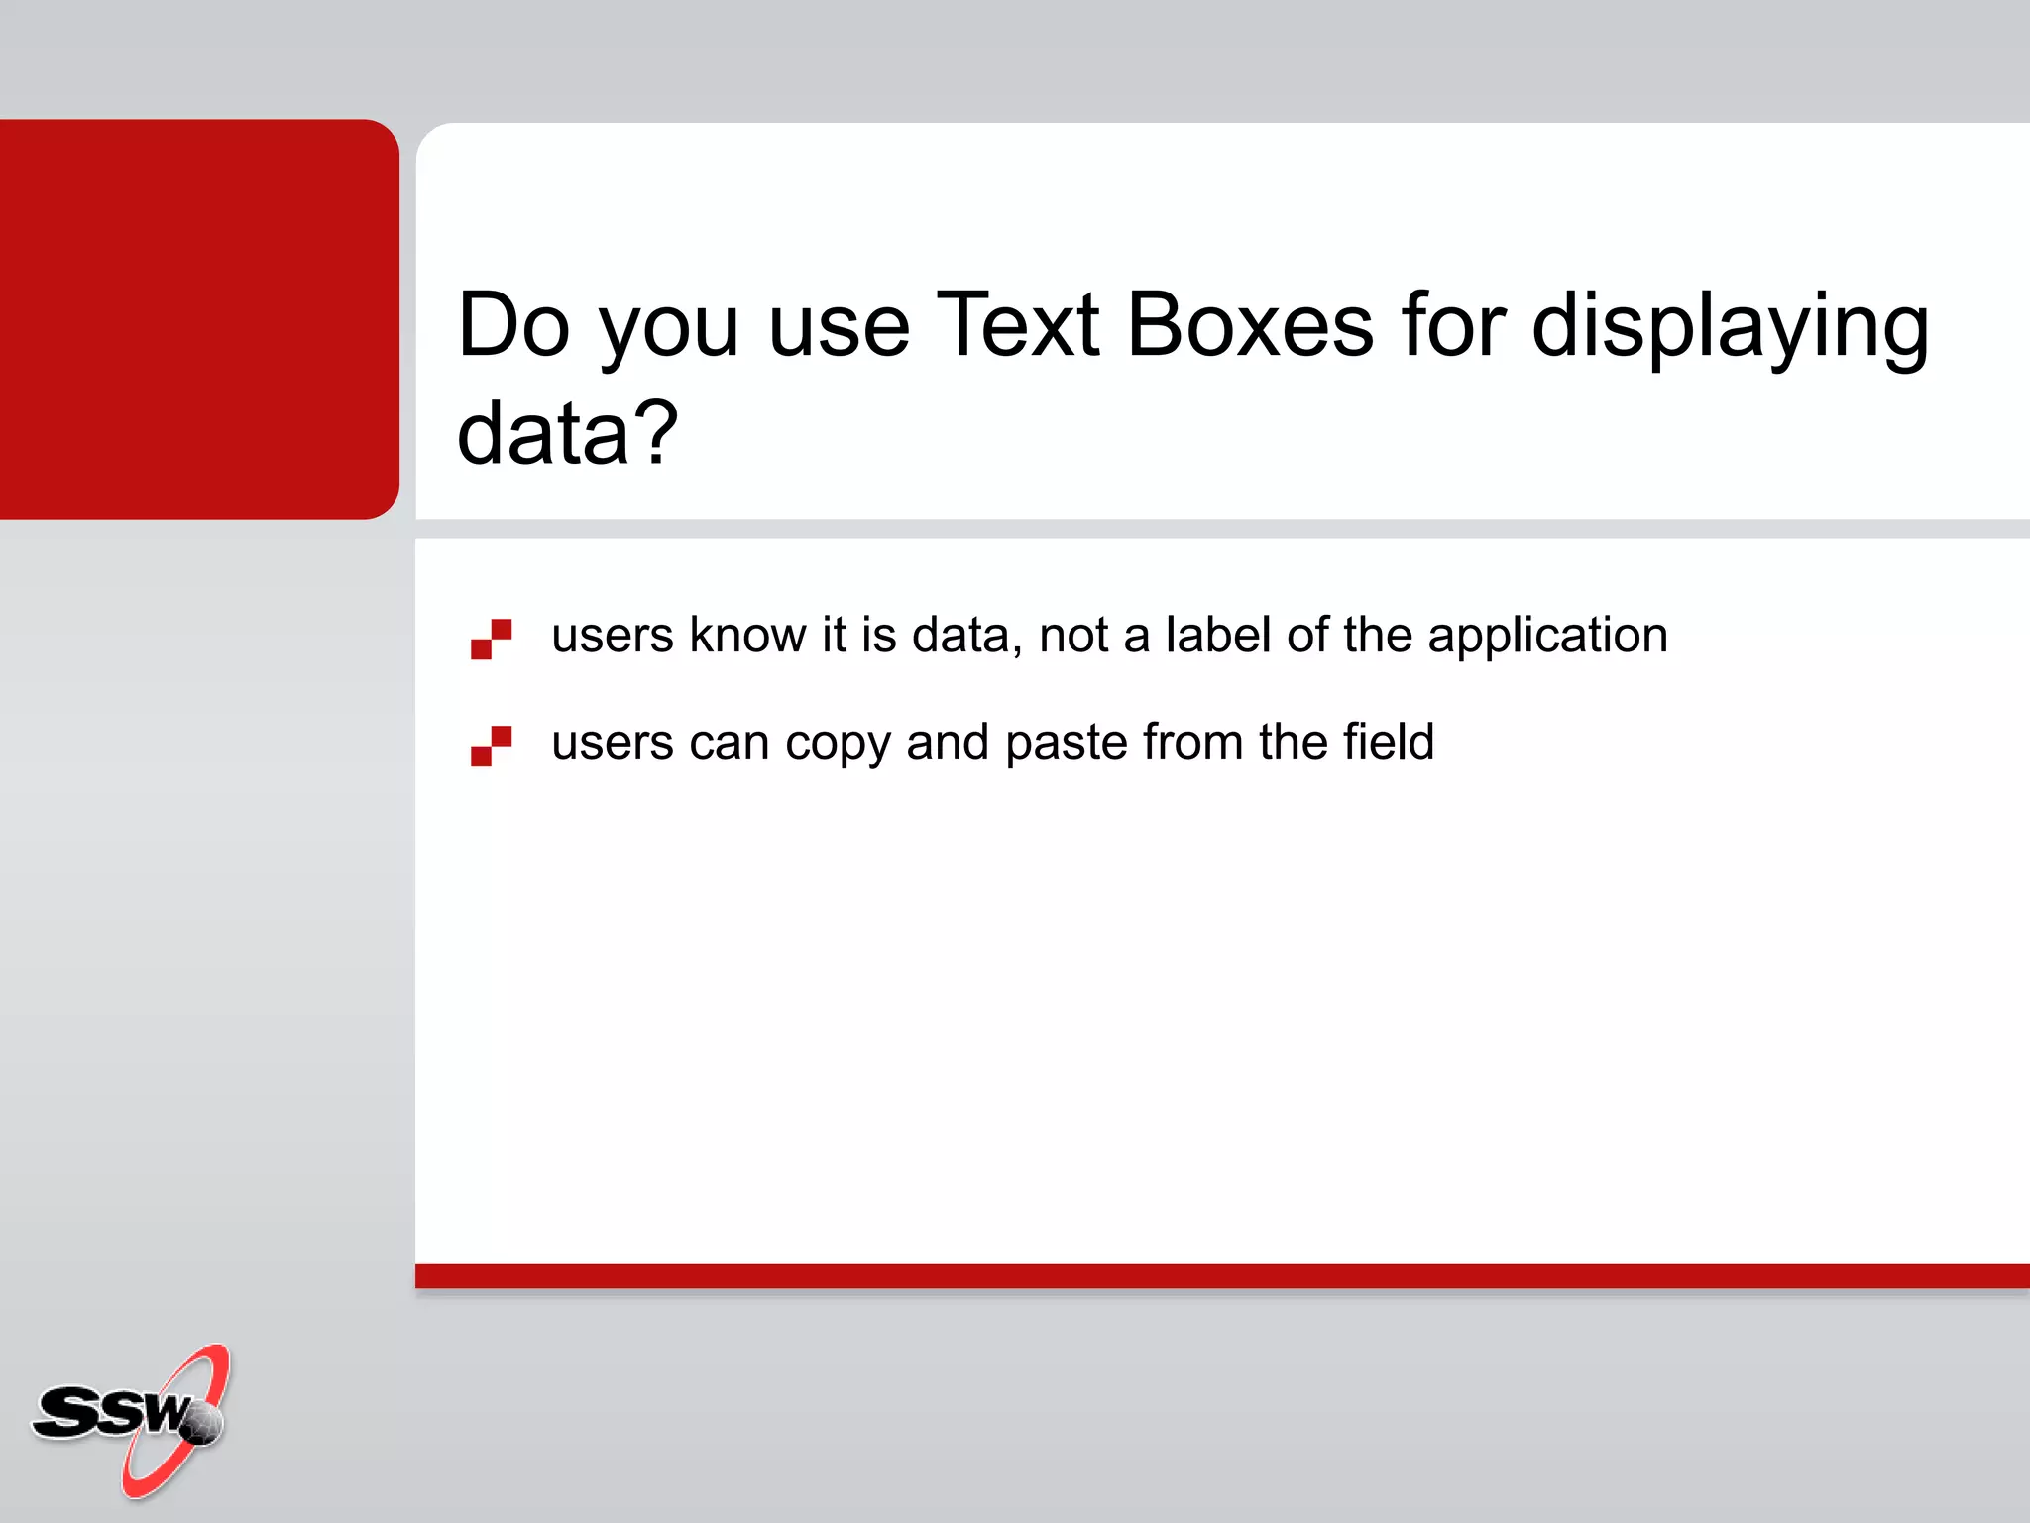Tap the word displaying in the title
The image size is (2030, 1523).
pyautogui.click(x=1730, y=327)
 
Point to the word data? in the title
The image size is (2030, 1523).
pyautogui.click(x=567, y=433)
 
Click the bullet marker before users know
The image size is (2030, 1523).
pyautogui.click(x=491, y=639)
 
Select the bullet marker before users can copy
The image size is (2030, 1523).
pyautogui.click(x=491, y=746)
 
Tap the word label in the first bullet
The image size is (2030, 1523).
pyautogui.click(x=1218, y=635)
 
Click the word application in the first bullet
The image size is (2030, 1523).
pyautogui.click(x=1547, y=637)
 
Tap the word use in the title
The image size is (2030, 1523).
pyautogui.click(x=839, y=326)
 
